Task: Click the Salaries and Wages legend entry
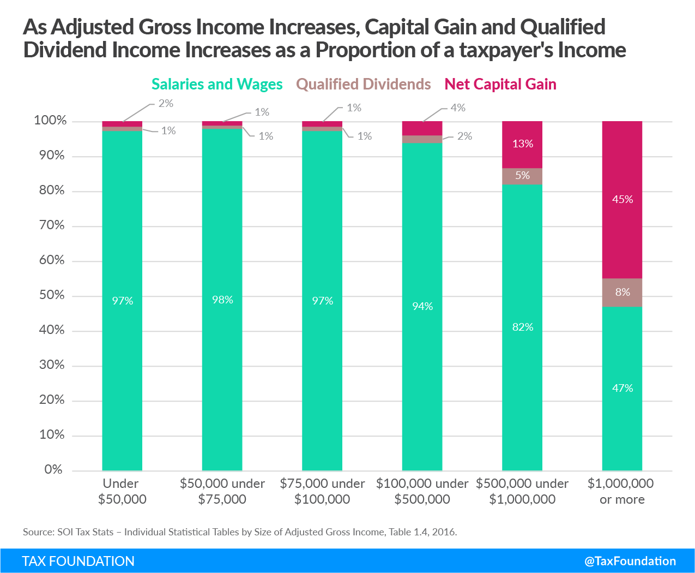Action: [x=217, y=85]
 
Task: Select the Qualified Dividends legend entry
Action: [x=364, y=85]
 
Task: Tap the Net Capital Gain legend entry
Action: [x=500, y=85]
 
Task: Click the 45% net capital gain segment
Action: [x=622, y=200]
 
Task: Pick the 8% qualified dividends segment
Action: [x=622, y=293]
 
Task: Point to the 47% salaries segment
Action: [x=622, y=388]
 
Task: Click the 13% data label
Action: [x=522, y=144]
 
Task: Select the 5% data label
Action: [x=522, y=175]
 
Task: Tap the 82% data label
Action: [x=522, y=327]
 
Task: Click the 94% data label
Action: [x=422, y=307]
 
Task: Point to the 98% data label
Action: [x=222, y=300]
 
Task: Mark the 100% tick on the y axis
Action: [x=50, y=121]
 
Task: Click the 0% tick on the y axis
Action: [x=54, y=470]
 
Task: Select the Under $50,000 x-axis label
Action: [x=122, y=491]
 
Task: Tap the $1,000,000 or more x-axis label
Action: [x=621, y=491]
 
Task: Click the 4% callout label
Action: [x=458, y=108]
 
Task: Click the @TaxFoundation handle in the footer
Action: [x=630, y=561]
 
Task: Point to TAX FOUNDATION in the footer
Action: [x=78, y=561]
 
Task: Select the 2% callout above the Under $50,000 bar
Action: [x=166, y=104]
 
